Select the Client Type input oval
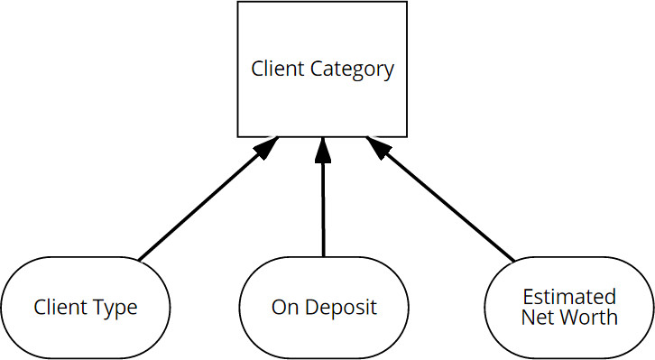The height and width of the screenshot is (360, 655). pos(86,307)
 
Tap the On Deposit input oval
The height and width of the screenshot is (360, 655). pos(324,307)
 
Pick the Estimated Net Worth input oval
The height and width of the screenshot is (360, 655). pos(569,307)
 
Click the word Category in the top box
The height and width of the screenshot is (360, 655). pos(353,69)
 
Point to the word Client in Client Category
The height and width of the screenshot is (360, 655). pos(277,69)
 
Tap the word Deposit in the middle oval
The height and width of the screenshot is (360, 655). pos(341,308)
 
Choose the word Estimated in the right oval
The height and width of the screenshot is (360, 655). pos(569,297)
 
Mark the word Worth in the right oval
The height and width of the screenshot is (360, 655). pos(591,317)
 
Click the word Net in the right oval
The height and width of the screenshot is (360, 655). pos(540,317)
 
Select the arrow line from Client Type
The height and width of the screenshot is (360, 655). pos(198,208)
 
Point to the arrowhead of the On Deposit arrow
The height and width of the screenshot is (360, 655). pos(323,150)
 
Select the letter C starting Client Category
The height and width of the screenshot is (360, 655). pos(257,69)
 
